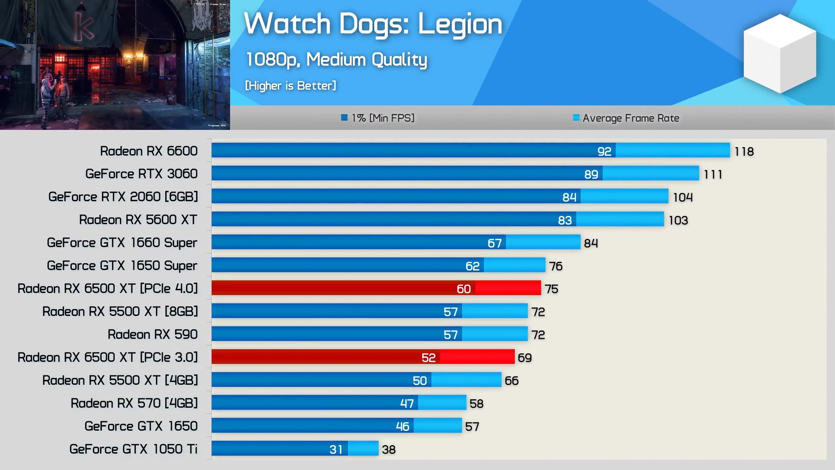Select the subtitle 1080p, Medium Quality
pyautogui.click(x=336, y=60)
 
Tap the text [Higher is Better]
pyautogui.click(x=291, y=86)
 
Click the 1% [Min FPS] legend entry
pyautogui.click(x=378, y=118)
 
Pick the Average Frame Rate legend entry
pyautogui.click(x=626, y=118)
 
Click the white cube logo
pyautogui.click(x=780, y=53)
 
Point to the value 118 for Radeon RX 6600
pyautogui.click(x=744, y=151)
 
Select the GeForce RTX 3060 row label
pyautogui.click(x=141, y=174)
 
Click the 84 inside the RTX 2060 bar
pyautogui.click(x=569, y=197)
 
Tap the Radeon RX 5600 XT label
pyautogui.click(x=138, y=220)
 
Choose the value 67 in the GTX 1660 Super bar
pyautogui.click(x=494, y=243)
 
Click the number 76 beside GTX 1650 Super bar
pyautogui.click(x=555, y=266)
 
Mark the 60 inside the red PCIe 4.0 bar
pyautogui.click(x=464, y=289)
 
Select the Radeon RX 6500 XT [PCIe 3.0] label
pyautogui.click(x=107, y=357)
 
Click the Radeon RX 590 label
pyautogui.click(x=153, y=334)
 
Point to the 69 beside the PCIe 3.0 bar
pyautogui.click(x=524, y=358)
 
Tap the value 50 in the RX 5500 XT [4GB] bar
pyautogui.click(x=420, y=381)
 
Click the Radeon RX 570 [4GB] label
pyautogui.click(x=134, y=403)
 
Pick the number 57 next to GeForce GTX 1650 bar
pyautogui.click(x=472, y=426)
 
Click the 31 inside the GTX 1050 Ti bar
pyautogui.click(x=336, y=450)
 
